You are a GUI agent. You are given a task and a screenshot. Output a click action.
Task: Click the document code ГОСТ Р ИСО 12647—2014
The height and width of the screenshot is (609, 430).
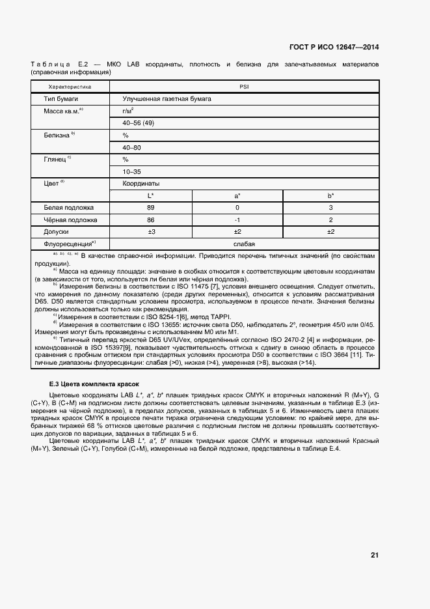[334, 47]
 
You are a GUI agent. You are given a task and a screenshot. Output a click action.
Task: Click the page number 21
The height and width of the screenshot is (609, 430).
[374, 555]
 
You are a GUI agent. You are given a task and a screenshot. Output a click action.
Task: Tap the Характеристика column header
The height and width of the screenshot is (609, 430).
[70, 86]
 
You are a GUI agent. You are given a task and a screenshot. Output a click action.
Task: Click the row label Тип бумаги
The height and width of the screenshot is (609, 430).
[58, 99]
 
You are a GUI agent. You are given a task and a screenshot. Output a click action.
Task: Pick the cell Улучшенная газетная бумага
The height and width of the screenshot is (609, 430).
[167, 99]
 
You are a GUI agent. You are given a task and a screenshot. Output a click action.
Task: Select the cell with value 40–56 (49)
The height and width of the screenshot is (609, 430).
[137, 123]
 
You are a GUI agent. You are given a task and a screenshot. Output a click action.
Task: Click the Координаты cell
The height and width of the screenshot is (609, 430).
[141, 184]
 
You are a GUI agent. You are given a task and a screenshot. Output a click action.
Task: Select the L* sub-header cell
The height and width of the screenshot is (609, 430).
[150, 195]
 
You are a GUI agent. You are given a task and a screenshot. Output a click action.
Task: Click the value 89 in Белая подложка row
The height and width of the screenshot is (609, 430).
[150, 208]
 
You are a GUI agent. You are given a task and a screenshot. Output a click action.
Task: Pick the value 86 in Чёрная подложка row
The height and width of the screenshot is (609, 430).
[150, 220]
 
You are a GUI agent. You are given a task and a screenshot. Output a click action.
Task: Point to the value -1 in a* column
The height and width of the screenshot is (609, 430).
[237, 220]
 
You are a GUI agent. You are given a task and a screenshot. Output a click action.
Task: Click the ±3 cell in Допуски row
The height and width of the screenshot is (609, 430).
[150, 231]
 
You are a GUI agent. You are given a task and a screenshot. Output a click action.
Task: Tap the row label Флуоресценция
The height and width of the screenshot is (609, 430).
[68, 244]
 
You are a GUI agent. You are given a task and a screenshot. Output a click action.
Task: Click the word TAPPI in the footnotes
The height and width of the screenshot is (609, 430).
[224, 317]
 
